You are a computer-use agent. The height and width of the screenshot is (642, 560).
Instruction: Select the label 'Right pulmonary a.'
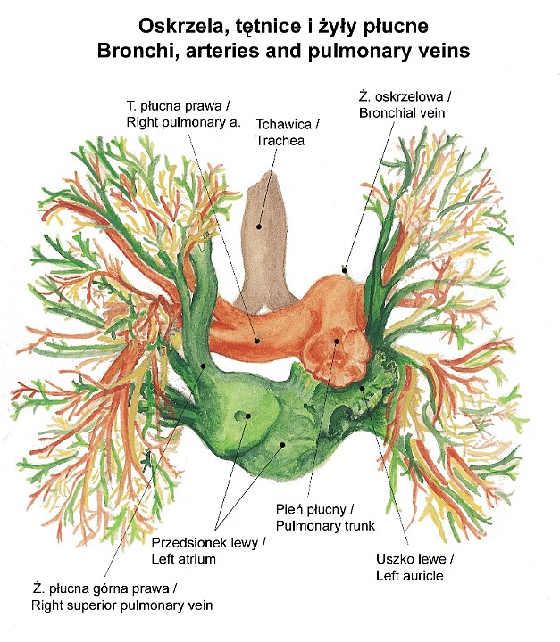184,120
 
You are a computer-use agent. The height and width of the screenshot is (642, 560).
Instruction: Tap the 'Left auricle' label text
411,575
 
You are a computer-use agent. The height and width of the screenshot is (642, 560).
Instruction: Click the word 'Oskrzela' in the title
179,27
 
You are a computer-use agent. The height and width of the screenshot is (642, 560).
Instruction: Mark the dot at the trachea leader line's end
259,226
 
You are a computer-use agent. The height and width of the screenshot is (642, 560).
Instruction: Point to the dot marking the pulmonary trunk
337,340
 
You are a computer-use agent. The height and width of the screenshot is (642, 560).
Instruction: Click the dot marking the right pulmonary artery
256,340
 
